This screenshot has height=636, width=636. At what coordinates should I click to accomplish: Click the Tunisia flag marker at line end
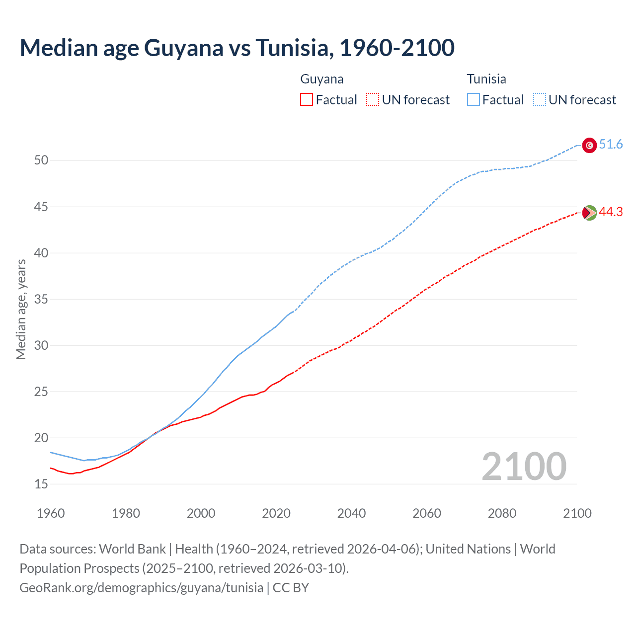(589, 145)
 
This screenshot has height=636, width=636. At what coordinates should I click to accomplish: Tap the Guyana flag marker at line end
(589, 213)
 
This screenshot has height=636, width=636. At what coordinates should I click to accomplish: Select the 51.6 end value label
(611, 145)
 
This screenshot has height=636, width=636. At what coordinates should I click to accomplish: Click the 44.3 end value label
(611, 212)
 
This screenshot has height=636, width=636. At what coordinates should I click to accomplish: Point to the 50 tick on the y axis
(41, 160)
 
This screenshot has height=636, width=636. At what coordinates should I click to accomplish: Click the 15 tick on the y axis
(41, 484)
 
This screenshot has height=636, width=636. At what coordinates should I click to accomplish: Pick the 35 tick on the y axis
(41, 299)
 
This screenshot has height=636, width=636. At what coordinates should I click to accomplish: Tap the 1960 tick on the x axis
(51, 513)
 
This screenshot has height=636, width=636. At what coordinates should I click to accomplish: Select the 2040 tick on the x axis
(351, 513)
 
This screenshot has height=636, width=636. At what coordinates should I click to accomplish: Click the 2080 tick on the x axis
(502, 513)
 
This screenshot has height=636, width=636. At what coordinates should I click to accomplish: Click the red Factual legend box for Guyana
(307, 100)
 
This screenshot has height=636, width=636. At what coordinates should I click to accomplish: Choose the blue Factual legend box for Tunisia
(474, 100)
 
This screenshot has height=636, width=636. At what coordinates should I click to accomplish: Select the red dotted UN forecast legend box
(373, 100)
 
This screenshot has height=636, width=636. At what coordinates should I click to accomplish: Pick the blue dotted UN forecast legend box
(540, 100)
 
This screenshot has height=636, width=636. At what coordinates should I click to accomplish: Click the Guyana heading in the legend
(322, 79)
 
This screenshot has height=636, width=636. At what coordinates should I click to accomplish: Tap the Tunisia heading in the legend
(486, 79)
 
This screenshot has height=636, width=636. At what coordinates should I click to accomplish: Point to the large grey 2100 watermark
(524, 467)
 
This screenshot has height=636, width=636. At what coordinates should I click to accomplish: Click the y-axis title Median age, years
(21, 309)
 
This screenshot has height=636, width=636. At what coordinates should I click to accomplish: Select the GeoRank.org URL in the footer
(142, 588)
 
